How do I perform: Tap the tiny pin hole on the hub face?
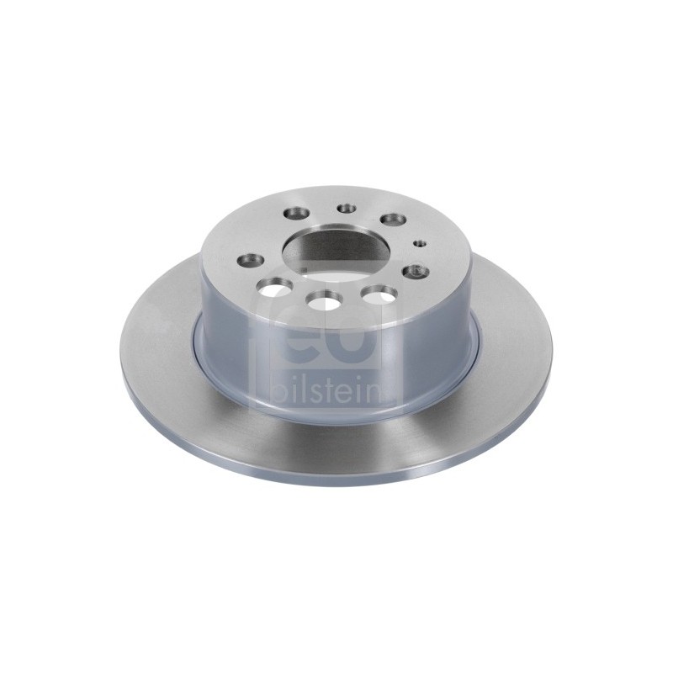(x=419, y=244)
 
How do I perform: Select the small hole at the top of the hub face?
(x=347, y=209)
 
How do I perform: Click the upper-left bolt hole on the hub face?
(x=299, y=213)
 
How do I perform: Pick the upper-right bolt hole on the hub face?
(x=394, y=220)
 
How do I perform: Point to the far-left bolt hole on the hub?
(x=252, y=260)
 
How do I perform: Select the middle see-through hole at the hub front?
(x=324, y=299)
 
